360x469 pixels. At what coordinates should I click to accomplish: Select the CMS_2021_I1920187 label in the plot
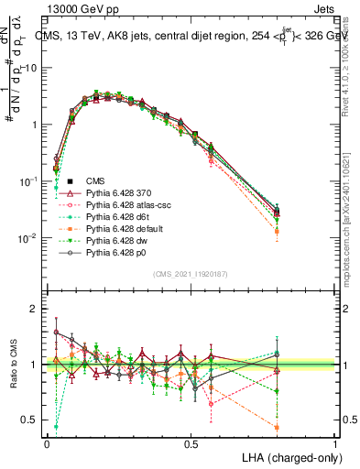pyautogui.click(x=191, y=273)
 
